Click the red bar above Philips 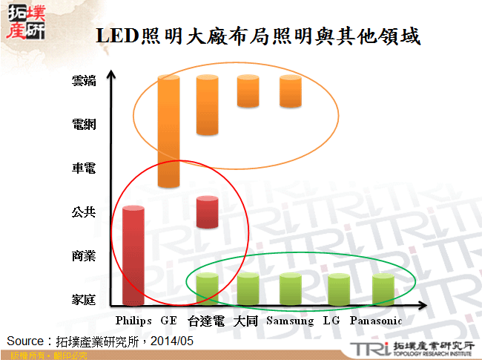[133, 256]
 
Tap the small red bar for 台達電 [207, 212]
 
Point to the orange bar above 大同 [248, 91]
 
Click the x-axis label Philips [134, 321]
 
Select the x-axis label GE [168, 321]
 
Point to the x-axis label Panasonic [375, 321]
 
